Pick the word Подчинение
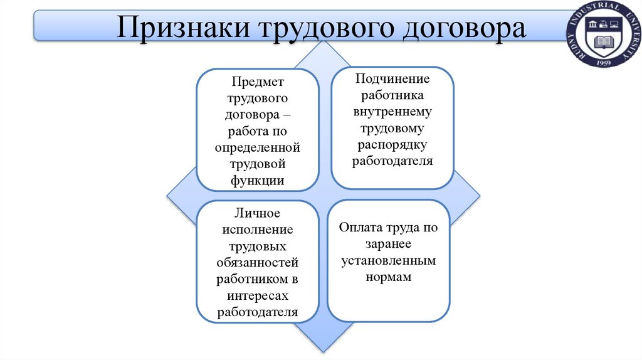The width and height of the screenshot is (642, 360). (x=392, y=79)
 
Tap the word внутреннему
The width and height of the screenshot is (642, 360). (x=392, y=112)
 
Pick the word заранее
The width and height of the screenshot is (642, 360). (x=389, y=244)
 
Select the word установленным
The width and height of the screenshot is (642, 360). (x=389, y=260)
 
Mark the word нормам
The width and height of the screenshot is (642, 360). (x=389, y=277)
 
